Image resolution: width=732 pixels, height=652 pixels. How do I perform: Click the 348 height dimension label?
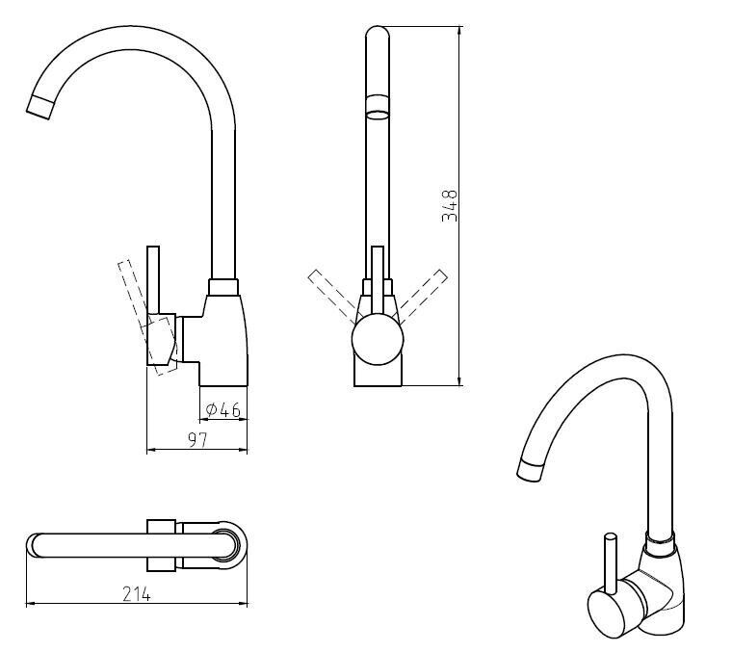click(450, 205)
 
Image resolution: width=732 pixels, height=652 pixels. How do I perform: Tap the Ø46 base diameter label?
click(223, 410)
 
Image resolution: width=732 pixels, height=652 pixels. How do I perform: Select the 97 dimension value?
click(197, 440)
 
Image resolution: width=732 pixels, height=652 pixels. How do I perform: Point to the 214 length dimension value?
click(137, 594)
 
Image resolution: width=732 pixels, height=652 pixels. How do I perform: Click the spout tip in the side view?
click(39, 107)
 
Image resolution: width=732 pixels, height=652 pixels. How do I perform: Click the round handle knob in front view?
click(378, 339)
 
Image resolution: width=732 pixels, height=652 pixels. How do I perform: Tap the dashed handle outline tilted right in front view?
click(422, 297)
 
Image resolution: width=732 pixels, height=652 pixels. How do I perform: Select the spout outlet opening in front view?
click(377, 115)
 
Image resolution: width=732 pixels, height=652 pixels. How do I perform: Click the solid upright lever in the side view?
click(153, 279)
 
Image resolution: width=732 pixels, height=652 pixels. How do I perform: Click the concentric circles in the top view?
click(228, 545)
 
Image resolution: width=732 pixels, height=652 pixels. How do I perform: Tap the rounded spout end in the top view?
click(33, 545)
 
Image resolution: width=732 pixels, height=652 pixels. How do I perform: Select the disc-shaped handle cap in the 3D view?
click(607, 612)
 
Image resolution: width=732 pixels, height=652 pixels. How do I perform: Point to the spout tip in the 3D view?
click(531, 470)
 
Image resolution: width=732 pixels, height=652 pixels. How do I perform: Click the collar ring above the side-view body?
click(223, 287)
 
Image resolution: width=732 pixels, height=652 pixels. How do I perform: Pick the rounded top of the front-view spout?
click(378, 32)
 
